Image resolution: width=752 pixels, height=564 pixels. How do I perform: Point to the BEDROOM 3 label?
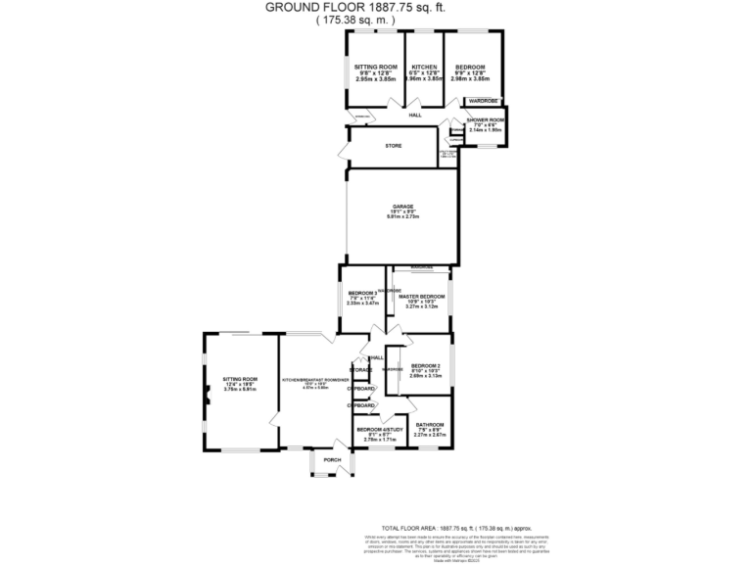click(x=362, y=294)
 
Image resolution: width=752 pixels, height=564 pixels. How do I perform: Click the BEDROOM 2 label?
click(x=425, y=364)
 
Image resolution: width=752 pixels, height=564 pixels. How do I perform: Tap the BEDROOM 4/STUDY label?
click(x=377, y=429)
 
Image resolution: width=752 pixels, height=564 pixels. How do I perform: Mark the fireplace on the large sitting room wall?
click(x=208, y=396)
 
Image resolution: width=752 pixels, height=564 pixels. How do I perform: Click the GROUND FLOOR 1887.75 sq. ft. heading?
click(x=375, y=7)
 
